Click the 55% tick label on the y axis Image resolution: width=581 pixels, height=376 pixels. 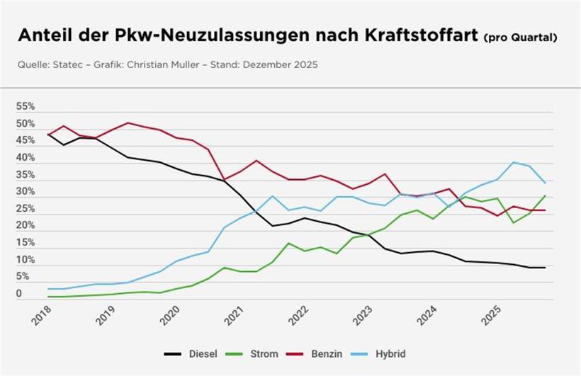26,107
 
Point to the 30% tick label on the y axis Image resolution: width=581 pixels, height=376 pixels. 26,192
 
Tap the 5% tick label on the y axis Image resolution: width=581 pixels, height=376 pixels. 23,277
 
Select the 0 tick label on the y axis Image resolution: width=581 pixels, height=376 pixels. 19,293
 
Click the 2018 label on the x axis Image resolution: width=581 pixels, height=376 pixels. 42,315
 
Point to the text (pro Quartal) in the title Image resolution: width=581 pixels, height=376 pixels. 521,38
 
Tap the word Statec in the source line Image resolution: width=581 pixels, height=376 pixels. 69,65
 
